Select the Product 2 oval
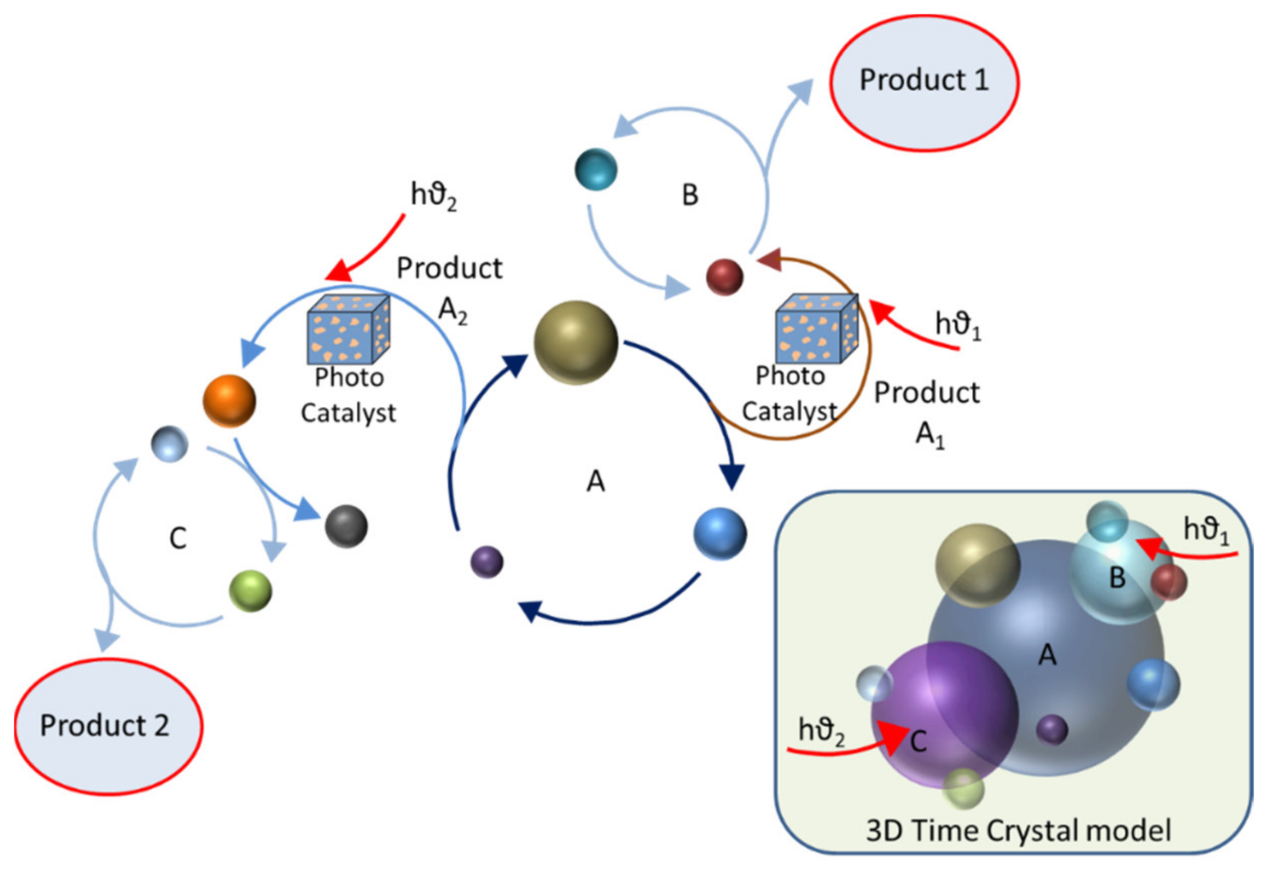(108, 726)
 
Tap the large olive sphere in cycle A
(575, 343)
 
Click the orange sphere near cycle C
(229, 401)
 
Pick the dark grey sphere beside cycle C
(346, 526)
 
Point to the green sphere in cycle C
(251, 591)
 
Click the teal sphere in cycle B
(596, 169)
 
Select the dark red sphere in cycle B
(725, 277)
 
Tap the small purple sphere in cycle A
(487, 562)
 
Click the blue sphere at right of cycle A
(720, 533)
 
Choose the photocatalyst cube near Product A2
(348, 330)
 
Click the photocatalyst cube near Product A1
(817, 330)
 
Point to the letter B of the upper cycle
(690, 195)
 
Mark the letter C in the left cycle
(178, 538)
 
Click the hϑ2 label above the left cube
(433, 196)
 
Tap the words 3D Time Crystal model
(1018, 830)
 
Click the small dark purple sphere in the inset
(1052, 730)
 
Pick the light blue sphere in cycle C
(169, 444)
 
